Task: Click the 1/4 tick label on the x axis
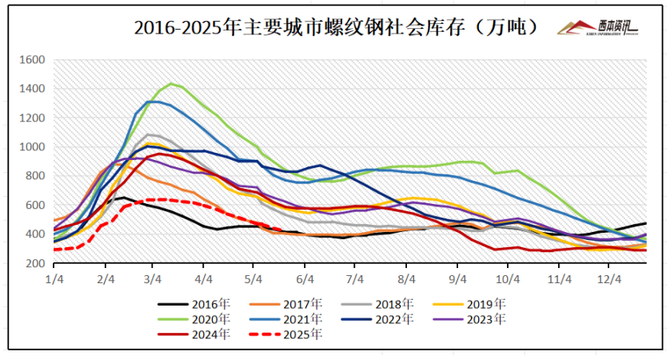54,278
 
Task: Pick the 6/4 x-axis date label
305,278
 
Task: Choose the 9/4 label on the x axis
457,278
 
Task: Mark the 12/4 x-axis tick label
610,278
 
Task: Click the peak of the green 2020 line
170,83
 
